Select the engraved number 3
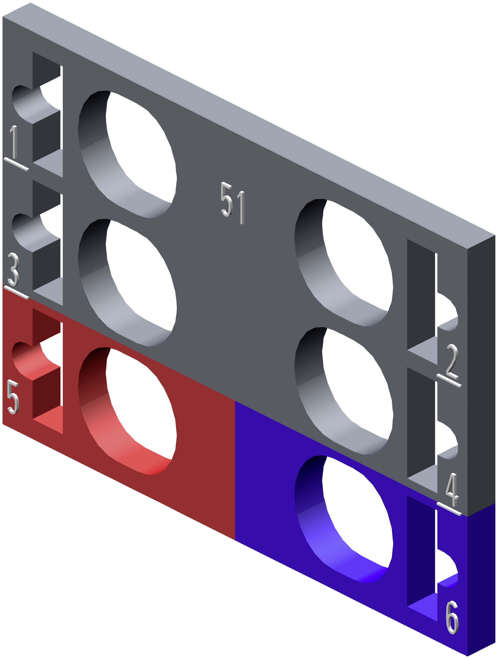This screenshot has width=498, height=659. (x=13, y=269)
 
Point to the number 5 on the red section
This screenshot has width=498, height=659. (x=13, y=397)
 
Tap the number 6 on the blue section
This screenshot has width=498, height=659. (x=452, y=617)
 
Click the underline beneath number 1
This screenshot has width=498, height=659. (x=16, y=164)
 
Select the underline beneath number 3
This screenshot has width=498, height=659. (x=16, y=293)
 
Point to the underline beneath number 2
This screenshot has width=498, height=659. (x=449, y=381)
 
